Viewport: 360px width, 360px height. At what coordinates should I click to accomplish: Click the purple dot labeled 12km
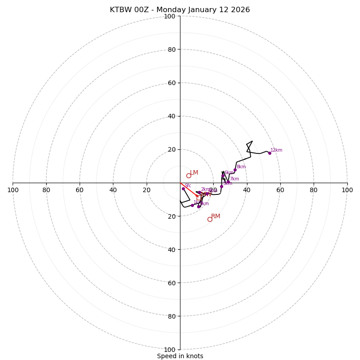pos(270,153)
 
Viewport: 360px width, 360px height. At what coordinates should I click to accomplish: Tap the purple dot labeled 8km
pos(235,170)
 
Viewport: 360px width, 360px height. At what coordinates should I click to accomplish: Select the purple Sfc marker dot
pos(183,189)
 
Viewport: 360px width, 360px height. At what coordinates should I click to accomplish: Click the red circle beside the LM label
pos(189,175)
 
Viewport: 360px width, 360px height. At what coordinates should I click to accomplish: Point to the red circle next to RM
pos(210,219)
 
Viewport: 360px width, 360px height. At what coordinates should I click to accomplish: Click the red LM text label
pos(194,173)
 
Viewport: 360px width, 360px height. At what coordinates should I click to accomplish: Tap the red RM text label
pos(216,216)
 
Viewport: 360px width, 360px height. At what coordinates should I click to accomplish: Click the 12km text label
pos(276,150)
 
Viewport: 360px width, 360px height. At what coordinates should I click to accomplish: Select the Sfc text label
pos(188,186)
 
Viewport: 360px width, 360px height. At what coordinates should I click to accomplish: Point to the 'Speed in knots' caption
pos(180,356)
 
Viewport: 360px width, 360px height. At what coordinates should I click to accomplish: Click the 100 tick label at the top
pos(170,16)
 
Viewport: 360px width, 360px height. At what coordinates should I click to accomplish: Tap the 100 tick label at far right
pos(347,190)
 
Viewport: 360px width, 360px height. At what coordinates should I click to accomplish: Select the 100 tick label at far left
pos(13,190)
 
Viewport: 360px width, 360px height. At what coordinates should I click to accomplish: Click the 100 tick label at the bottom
pos(170,350)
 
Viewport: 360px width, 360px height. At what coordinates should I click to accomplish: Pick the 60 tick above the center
pos(171,83)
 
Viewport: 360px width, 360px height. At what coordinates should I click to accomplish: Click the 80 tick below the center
pos(171,316)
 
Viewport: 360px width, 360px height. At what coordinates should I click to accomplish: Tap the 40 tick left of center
pos(113,190)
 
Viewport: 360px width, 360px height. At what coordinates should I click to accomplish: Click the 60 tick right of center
pos(280,190)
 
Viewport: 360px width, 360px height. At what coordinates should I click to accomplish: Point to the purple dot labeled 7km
pos(228,182)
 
